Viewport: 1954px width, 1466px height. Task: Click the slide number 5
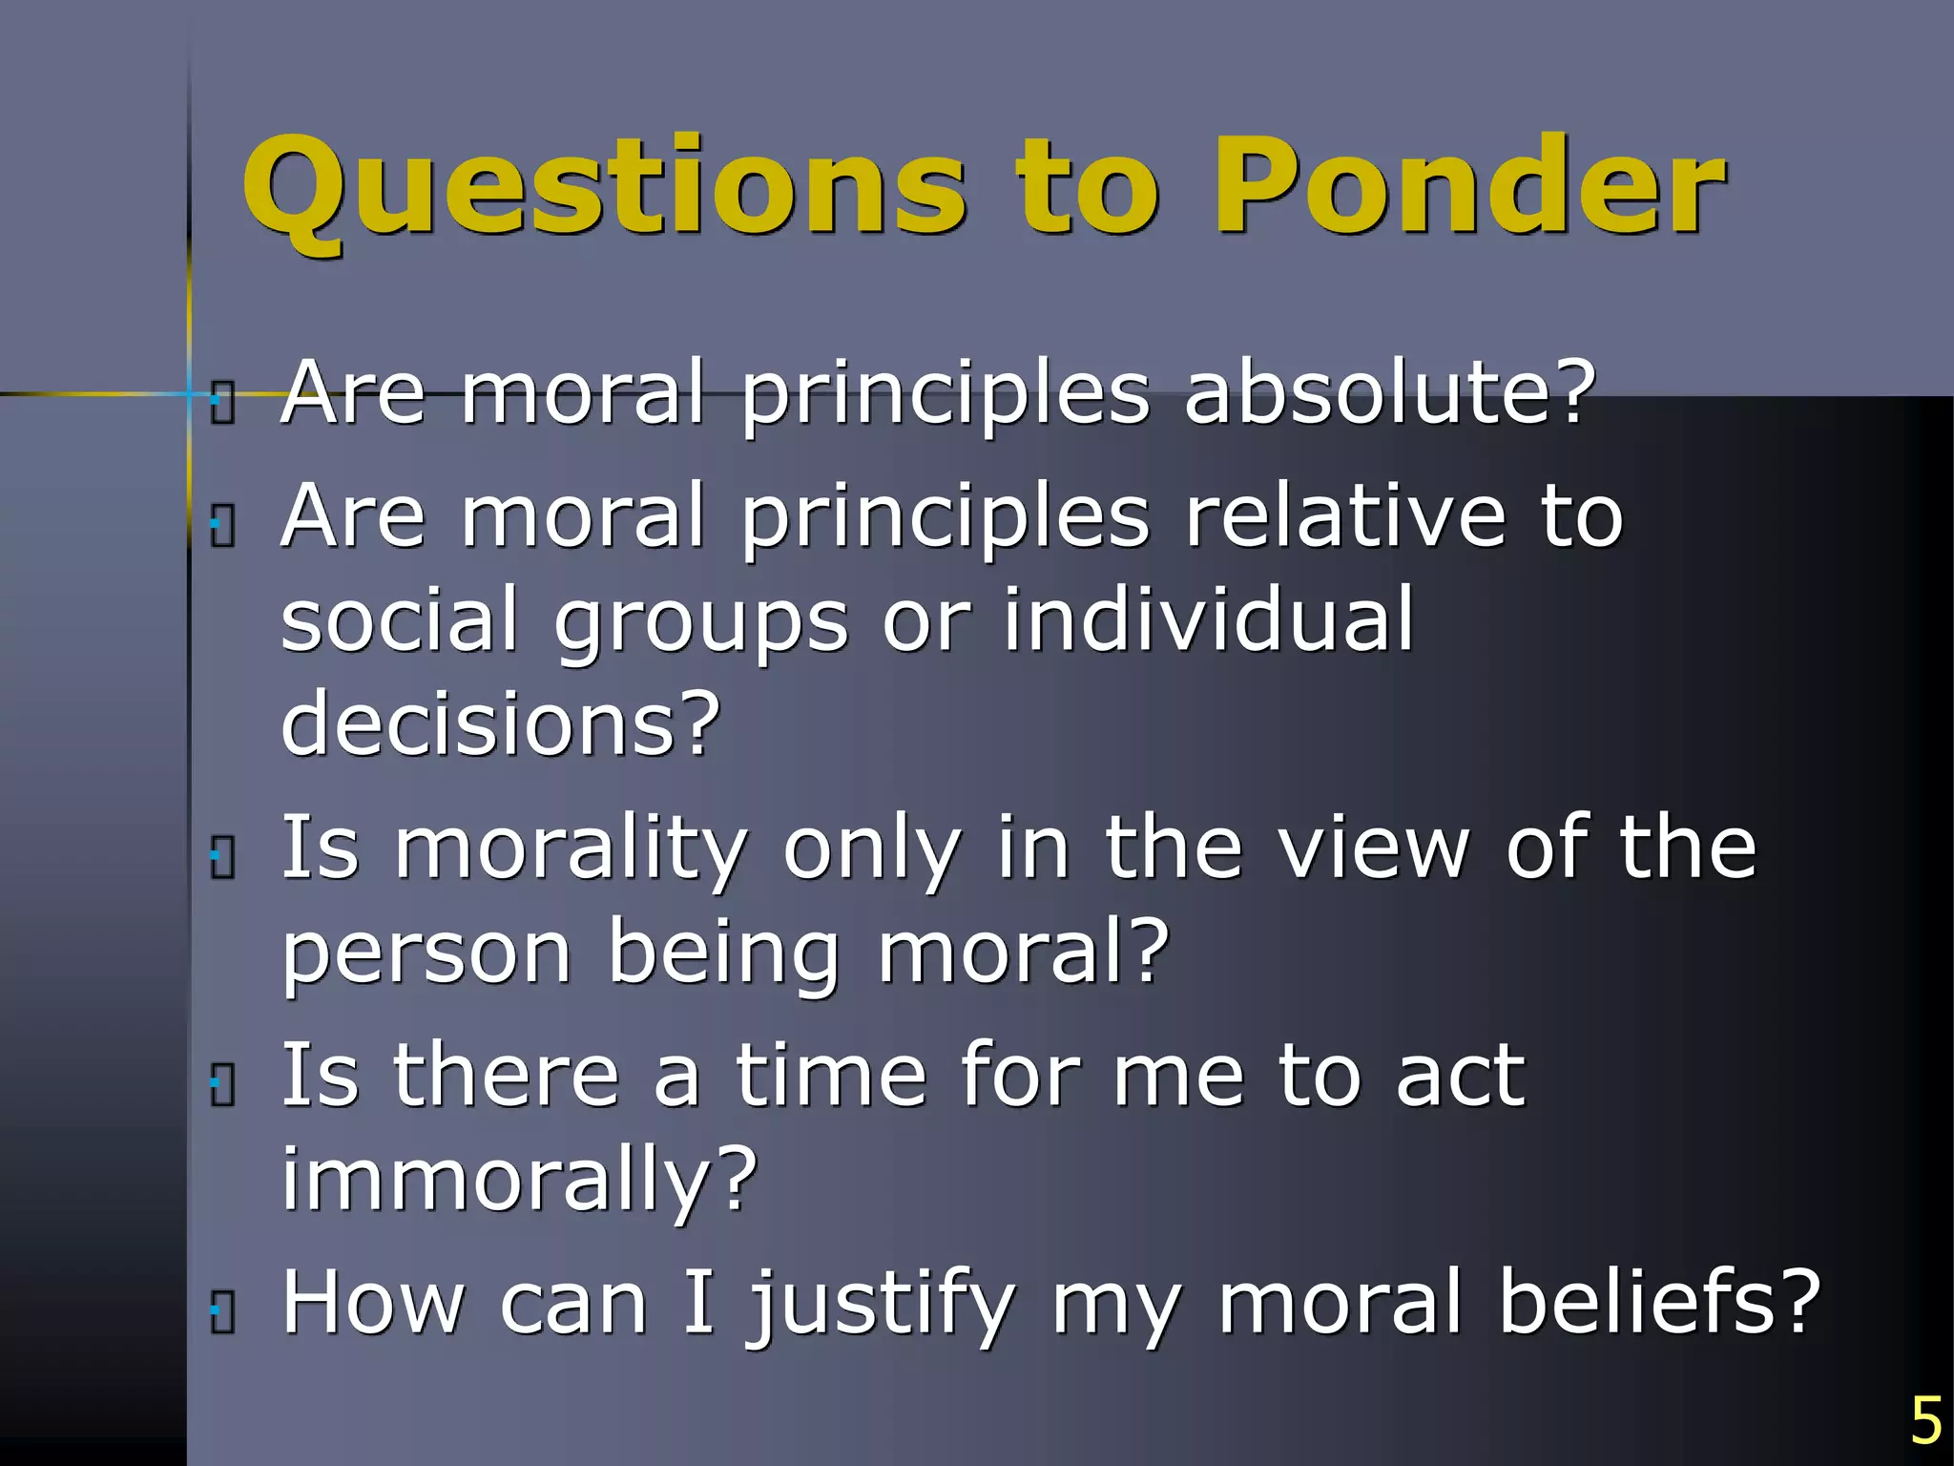click(x=1925, y=1421)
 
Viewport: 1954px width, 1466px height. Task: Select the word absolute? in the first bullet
click(x=1389, y=393)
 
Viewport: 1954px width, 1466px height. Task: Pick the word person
click(x=426, y=954)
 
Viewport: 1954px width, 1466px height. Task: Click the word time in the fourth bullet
click(x=830, y=1076)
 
